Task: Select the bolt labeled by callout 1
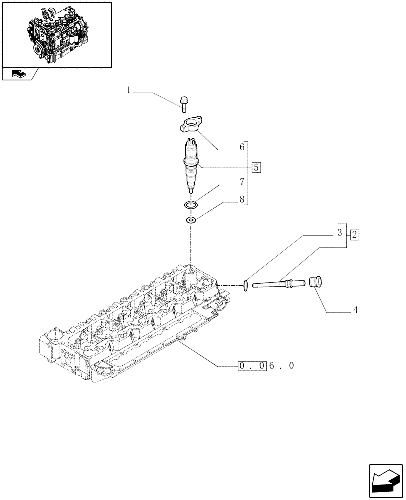(x=183, y=104)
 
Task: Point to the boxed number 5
(x=256, y=167)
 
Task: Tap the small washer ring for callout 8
(x=190, y=220)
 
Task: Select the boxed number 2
(x=354, y=234)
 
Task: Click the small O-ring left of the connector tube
(x=245, y=285)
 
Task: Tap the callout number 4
(x=355, y=310)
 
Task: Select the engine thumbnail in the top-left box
(x=56, y=34)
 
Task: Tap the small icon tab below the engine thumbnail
(x=19, y=74)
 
